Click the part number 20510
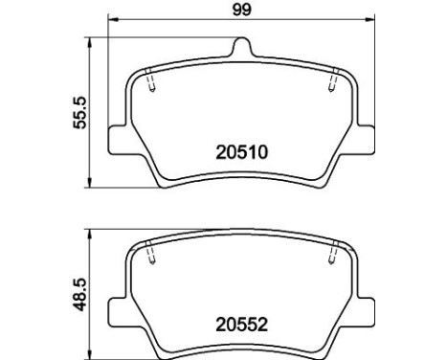tap(240, 150)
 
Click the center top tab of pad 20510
tap(241, 46)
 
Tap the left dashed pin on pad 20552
tap(152, 257)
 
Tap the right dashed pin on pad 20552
tap(330, 257)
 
